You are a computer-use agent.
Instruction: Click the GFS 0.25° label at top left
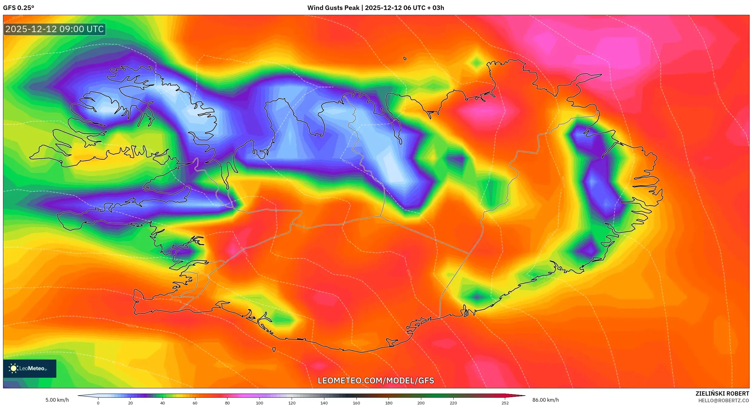pos(18,8)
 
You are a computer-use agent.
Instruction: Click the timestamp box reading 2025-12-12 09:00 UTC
pos(55,29)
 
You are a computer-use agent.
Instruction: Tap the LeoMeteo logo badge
pos(29,368)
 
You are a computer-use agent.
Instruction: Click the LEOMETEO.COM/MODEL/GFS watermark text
pos(376,380)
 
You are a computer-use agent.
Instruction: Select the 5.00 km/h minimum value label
pos(57,400)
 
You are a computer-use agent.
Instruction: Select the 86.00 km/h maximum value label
pos(545,400)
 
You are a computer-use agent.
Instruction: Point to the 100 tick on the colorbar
pos(260,403)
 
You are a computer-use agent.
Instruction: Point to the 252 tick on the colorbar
pos(505,403)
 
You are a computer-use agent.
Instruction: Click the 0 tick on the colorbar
pos(98,403)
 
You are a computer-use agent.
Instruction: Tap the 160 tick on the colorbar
pos(356,403)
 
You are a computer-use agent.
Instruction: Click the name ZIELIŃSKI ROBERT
pos(722,393)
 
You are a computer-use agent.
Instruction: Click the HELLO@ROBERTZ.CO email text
pos(724,400)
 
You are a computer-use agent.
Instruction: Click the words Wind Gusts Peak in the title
pos(333,8)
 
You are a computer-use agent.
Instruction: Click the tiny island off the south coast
pos(274,349)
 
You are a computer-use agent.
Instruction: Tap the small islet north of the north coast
pos(405,58)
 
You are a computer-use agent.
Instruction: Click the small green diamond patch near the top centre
pos(476,63)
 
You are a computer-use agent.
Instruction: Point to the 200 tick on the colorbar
pos(421,403)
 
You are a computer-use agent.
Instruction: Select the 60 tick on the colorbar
pos(195,403)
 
